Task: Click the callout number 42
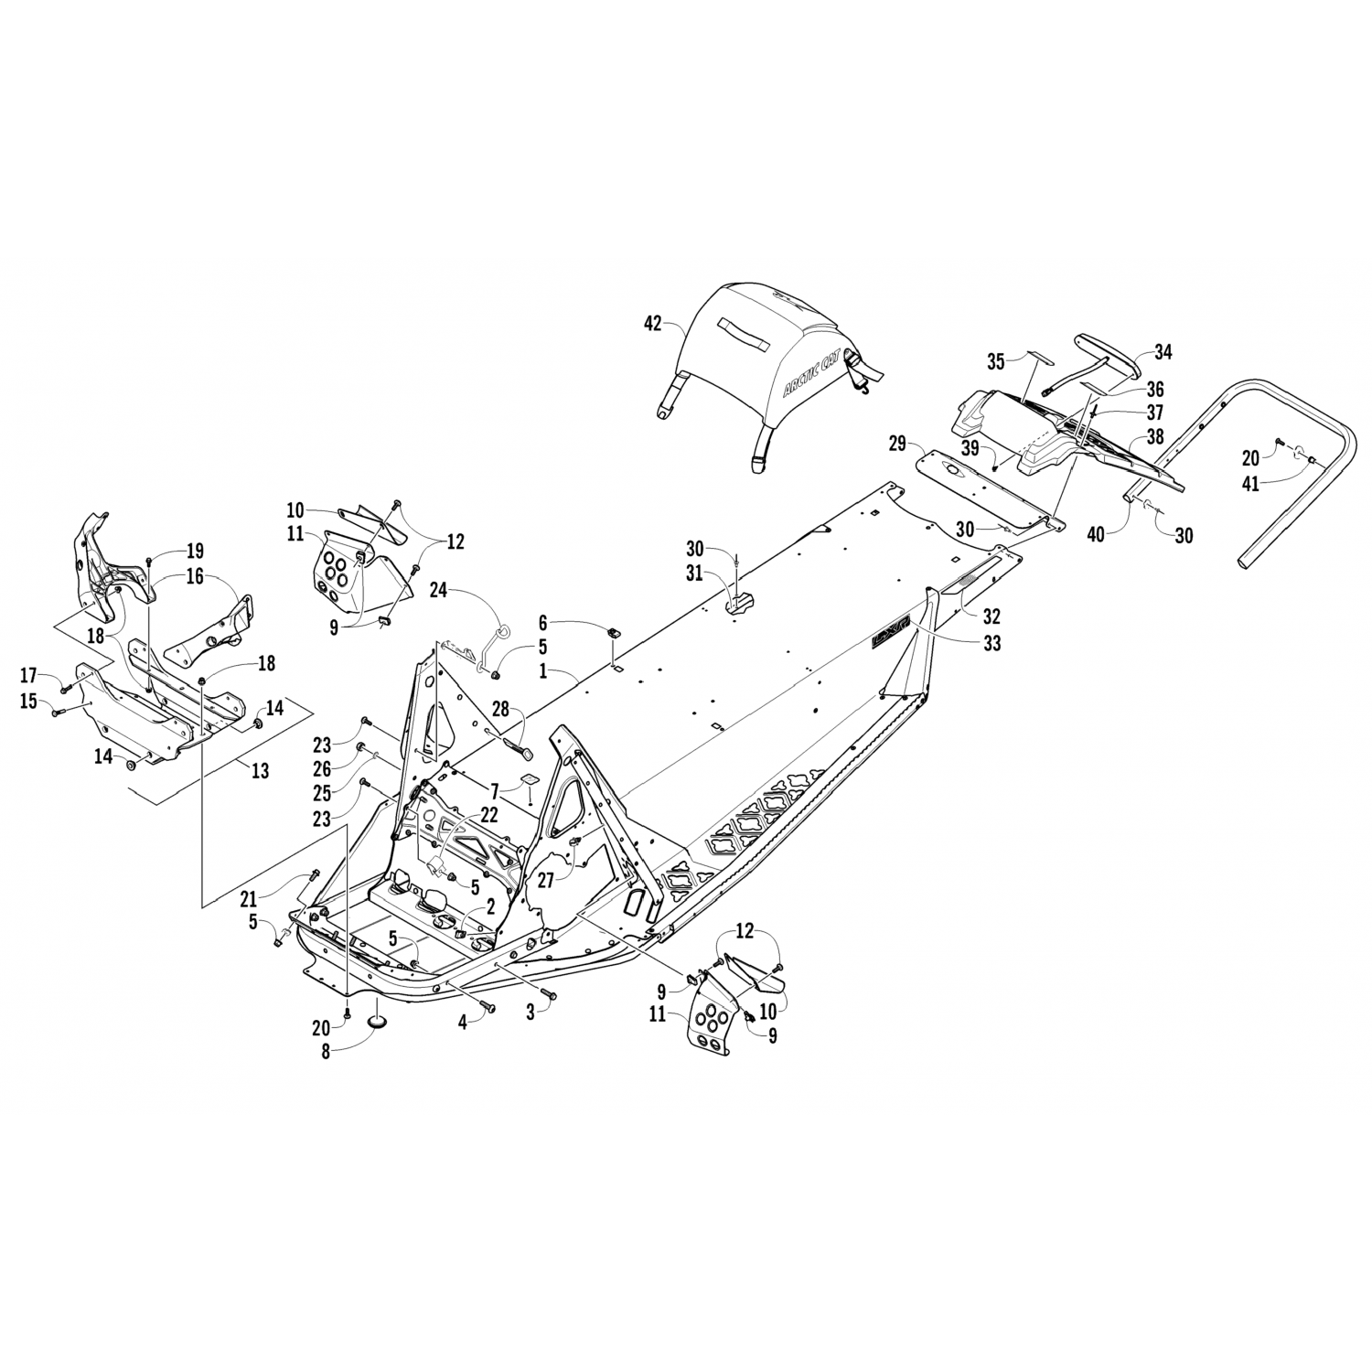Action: [x=652, y=323]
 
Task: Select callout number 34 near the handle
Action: [x=1163, y=351]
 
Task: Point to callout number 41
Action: [x=1249, y=483]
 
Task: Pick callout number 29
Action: [x=897, y=445]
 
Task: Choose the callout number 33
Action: [x=991, y=642]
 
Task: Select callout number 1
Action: [x=542, y=670]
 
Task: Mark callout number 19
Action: [x=195, y=551]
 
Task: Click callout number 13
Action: [x=261, y=771]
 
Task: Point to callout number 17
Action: [x=28, y=676]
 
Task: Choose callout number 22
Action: [x=489, y=814]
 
